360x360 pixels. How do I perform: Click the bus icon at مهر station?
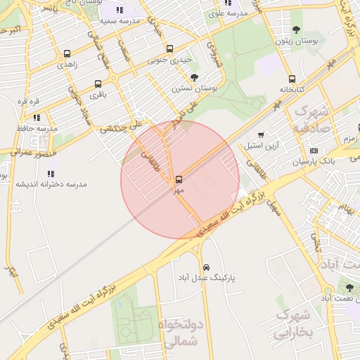coord(179,179)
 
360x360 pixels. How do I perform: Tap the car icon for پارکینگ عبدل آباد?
coord(205,267)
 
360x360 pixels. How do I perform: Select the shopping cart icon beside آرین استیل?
coord(261,134)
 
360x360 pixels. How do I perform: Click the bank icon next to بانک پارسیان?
coord(313,150)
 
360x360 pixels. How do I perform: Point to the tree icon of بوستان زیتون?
coord(296,30)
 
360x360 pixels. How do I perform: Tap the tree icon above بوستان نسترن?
coord(195,77)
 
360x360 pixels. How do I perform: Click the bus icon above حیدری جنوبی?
coord(169,49)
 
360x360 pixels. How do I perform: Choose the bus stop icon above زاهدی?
coord(67,53)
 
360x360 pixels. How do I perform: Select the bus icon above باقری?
coord(97,84)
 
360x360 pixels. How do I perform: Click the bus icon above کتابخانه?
coord(291,79)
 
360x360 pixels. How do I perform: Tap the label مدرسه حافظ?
coord(37,129)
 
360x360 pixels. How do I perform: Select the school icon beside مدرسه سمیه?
coord(118,11)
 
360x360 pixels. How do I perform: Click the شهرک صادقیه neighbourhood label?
coord(312,119)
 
